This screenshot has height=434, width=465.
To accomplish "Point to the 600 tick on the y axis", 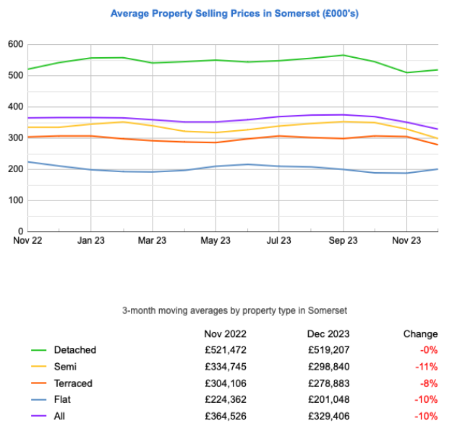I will pyautogui.click(x=15, y=45).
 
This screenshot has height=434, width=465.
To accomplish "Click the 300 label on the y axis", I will pyautogui.click(x=15, y=138).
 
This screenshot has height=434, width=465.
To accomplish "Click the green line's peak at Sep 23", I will pyautogui.click(x=343, y=55).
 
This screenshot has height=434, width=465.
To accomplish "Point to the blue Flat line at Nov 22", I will pyautogui.click(x=28, y=162).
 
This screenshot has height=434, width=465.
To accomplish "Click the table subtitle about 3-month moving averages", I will pyautogui.click(x=235, y=310).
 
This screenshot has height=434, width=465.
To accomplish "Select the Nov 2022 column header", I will pyautogui.click(x=225, y=333).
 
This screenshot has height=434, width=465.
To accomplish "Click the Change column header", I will pyautogui.click(x=420, y=333).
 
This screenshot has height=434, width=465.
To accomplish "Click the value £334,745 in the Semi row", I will pyautogui.click(x=224, y=367).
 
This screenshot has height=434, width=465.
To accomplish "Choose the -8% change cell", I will pyautogui.click(x=428, y=383).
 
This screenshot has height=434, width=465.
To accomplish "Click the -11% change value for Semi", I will pyautogui.click(x=427, y=367).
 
